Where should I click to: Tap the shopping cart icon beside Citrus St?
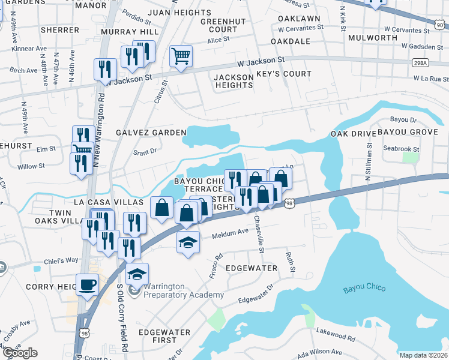181,56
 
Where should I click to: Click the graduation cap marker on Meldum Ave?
188,242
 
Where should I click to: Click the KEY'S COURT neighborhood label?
284,74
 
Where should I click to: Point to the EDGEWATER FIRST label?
164,336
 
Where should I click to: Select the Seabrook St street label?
400,149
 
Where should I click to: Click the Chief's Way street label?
61,261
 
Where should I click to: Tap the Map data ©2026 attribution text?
423,355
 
